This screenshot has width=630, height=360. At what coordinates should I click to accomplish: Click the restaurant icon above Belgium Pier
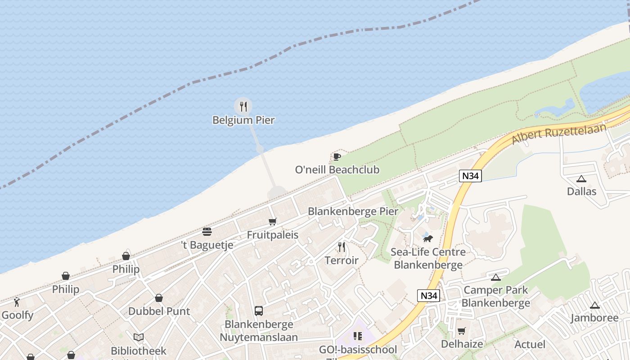pos(243,107)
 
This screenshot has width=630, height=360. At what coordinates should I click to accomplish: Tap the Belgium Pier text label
pos(243,120)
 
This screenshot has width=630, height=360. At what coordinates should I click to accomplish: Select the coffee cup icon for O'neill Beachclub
pos(337,157)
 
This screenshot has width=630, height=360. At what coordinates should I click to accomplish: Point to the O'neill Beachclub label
pos(337,170)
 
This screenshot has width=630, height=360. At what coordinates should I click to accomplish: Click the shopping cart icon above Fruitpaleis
pos(272,221)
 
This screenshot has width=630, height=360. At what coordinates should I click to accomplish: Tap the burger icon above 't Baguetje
pos(207,232)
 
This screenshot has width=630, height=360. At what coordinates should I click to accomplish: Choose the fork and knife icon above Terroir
pos(342,247)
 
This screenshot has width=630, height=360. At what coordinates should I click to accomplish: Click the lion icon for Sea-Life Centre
pos(427,238)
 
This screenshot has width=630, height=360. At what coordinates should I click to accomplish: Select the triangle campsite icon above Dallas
pos(581,179)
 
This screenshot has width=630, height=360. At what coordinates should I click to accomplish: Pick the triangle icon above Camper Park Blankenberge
pos(496,277)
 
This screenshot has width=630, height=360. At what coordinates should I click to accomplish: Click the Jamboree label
pos(594,318)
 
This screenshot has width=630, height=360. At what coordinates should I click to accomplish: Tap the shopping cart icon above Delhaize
pos(461,331)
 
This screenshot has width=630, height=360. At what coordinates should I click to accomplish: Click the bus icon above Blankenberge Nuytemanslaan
pos(259,310)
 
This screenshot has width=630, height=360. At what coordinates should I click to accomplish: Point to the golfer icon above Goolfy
pos(17,302)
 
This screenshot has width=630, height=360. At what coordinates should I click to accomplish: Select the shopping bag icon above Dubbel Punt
pos(159,298)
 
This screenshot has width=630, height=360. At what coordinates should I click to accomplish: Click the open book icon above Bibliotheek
pos(139,337)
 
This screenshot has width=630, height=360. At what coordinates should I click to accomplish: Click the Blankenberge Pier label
pos(353,211)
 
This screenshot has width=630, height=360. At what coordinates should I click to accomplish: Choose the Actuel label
pos(530,344)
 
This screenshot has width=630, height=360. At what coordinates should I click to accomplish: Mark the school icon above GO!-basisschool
pos(358,336)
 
